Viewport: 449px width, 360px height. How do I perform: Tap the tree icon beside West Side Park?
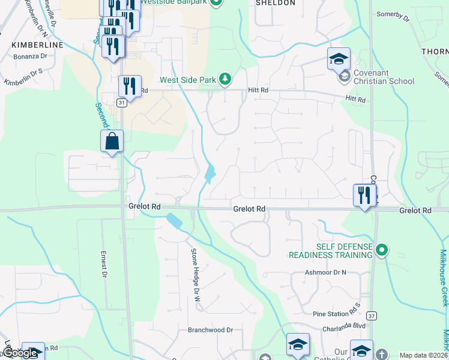tap(225, 79)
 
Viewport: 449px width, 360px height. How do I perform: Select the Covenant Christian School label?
tap(383, 77)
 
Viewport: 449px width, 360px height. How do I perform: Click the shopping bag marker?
tap(112, 142)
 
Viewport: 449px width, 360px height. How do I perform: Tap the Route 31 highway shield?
tap(122, 103)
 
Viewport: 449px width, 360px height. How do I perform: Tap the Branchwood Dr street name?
tap(210, 330)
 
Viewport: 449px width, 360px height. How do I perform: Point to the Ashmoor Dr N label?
tap(327, 272)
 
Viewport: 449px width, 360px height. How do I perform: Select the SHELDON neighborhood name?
tap(276, 3)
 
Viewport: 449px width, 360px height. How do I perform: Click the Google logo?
tap(20, 353)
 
